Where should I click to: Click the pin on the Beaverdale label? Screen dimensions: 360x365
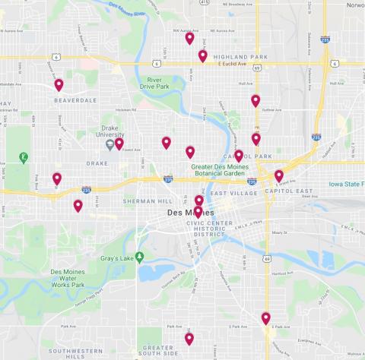[x=59, y=84]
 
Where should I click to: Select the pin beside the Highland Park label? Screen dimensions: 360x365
[x=202, y=55]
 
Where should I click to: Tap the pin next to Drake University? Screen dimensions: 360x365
[x=119, y=143]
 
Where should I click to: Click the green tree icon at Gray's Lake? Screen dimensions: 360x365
[x=139, y=256]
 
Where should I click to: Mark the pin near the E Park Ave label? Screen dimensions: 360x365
[x=265, y=318]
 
